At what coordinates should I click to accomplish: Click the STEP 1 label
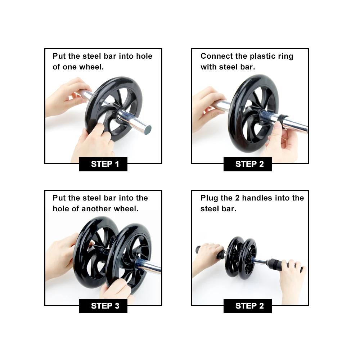103,164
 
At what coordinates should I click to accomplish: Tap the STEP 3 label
103,306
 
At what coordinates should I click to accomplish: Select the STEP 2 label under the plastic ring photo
248,164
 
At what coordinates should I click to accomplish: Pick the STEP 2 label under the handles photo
248,306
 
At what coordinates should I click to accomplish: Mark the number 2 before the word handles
237,198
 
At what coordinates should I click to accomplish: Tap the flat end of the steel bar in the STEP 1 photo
148,130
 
